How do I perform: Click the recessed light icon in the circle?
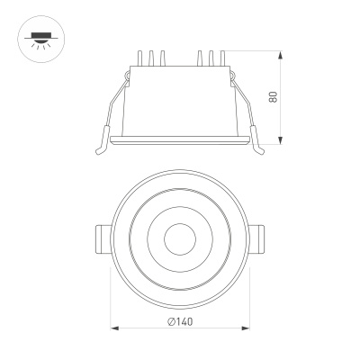(x=39, y=39)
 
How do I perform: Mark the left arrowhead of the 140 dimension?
(x=114, y=329)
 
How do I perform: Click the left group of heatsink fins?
(x=150, y=59)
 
